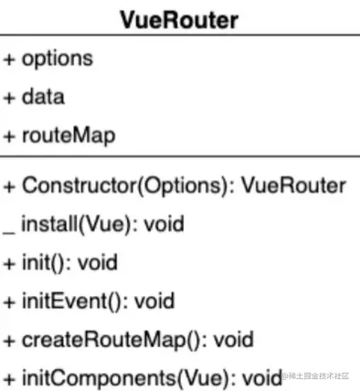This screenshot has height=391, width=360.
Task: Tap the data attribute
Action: pos(46,95)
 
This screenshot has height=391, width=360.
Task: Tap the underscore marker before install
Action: pos(11,228)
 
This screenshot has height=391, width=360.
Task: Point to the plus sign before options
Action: pos(11,59)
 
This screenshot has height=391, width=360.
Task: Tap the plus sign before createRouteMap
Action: pos(11,338)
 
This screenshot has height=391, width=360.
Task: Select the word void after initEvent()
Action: pos(154,300)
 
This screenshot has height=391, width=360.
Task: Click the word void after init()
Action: pos(98,261)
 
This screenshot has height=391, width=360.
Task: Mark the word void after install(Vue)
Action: pos(157,224)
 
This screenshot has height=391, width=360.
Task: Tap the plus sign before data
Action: pos(11,95)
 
